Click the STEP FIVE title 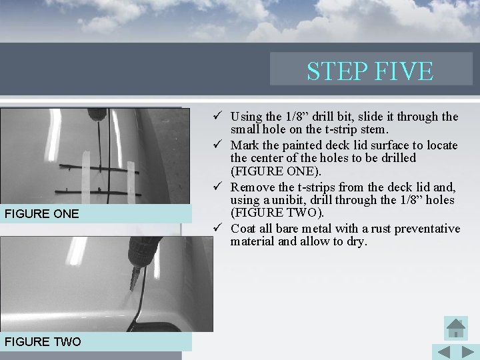(x=370, y=71)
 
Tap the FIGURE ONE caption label (x=41, y=214)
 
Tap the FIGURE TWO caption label (x=43, y=342)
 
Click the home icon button (x=455, y=327)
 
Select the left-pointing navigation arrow (x=443, y=351)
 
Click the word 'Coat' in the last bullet (x=243, y=229)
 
